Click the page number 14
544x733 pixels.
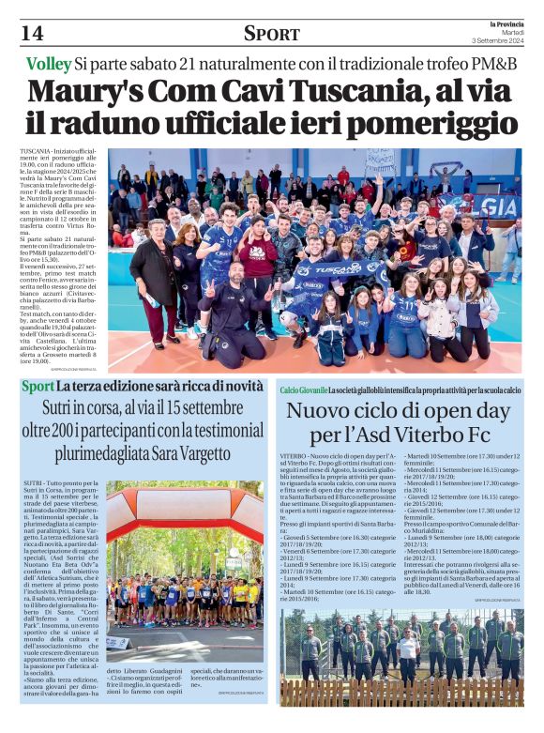click(29, 34)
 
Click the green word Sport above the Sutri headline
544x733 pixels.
click(38, 387)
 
